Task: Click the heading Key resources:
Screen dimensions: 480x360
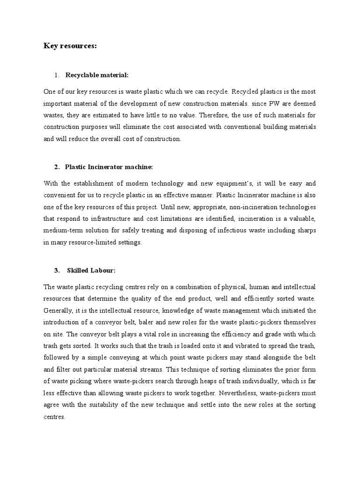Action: pyautogui.click(x=70, y=45)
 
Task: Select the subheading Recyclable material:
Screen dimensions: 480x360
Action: pyautogui.click(x=97, y=75)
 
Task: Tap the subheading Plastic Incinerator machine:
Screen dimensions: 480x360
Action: pyautogui.click(x=109, y=167)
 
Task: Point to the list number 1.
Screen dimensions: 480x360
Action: pyautogui.click(x=56, y=75)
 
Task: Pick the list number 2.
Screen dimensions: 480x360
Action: pyautogui.click(x=56, y=167)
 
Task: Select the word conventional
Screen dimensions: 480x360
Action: pyautogui.click(x=245, y=127)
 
